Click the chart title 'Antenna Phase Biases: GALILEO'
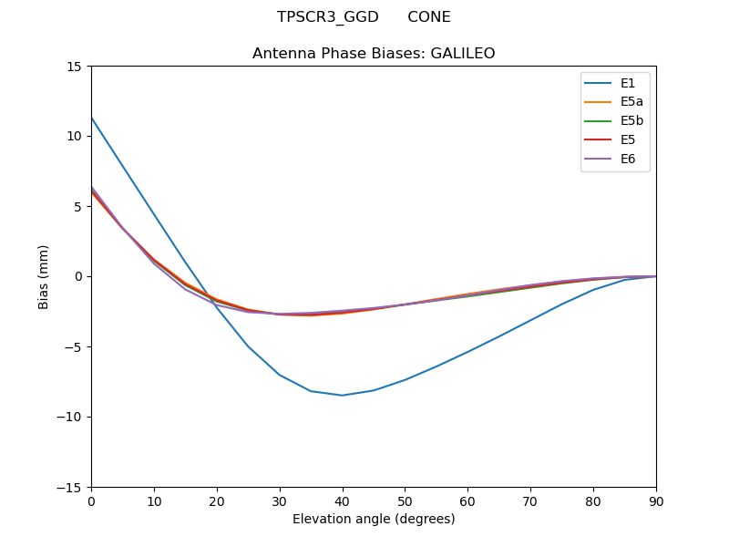(x=374, y=54)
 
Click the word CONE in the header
(x=428, y=17)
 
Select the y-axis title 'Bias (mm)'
(x=44, y=276)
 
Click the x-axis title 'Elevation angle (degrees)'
(x=374, y=520)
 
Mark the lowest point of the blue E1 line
(x=343, y=395)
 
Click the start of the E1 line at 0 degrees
(x=92, y=118)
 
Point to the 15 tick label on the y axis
(x=74, y=67)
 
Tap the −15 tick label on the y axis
(x=69, y=488)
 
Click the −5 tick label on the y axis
(x=73, y=347)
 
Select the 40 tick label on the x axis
(x=343, y=501)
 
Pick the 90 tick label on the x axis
(x=656, y=501)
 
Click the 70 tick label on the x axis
(x=530, y=501)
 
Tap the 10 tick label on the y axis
(x=74, y=137)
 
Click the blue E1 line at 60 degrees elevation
(x=467, y=351)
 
